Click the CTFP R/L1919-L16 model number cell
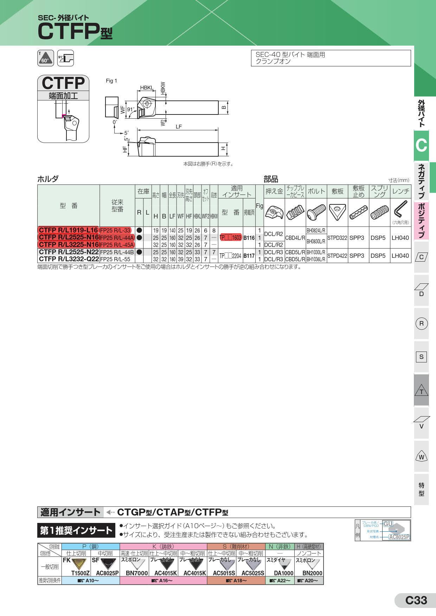pyautogui.click(x=68, y=230)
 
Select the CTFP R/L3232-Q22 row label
pyautogui.click(x=68, y=259)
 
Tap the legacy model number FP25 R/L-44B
pyautogui.click(x=117, y=252)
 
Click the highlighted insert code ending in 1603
pyautogui.click(x=231, y=238)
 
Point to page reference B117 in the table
pyautogui.click(x=249, y=256)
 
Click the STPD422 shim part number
pyautogui.click(x=337, y=256)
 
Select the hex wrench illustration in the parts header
pyautogui.click(x=400, y=209)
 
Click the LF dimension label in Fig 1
pyautogui.click(x=179, y=127)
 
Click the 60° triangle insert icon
pyautogui.click(x=45, y=58)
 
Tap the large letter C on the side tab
pyautogui.click(x=421, y=145)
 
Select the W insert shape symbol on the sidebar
pyautogui.click(x=421, y=457)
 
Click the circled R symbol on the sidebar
pyautogui.click(x=421, y=323)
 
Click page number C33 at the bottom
pyautogui.click(x=416, y=600)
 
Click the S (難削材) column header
pyautogui.click(x=236, y=546)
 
